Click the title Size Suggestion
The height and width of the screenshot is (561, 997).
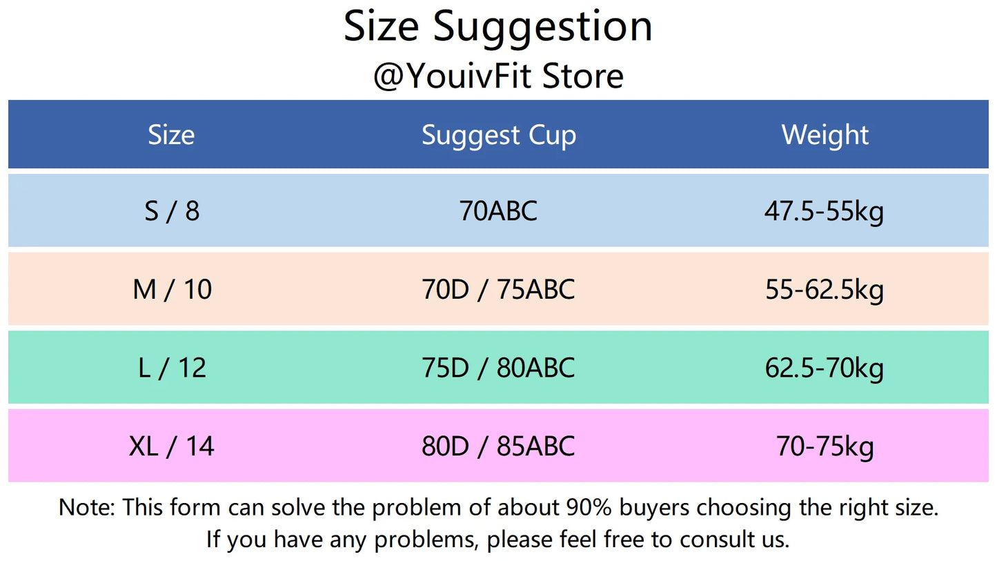(498, 28)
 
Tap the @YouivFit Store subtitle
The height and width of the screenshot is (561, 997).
(498, 76)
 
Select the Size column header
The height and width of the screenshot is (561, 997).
(171, 135)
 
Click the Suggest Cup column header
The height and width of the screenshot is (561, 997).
(498, 136)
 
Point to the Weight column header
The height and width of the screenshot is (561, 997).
(825, 135)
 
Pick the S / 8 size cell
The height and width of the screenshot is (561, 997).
(172, 211)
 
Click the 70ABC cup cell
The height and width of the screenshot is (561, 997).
(498, 211)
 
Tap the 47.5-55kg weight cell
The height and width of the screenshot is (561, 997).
(824, 212)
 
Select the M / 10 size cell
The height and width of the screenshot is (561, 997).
(172, 289)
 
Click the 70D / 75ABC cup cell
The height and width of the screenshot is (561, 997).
(498, 289)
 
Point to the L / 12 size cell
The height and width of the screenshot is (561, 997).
(172, 368)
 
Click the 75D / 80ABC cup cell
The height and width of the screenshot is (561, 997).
(498, 368)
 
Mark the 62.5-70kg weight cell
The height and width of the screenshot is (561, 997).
(825, 368)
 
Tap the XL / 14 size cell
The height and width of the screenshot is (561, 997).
(171, 446)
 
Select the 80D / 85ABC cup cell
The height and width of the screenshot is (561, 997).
(498, 446)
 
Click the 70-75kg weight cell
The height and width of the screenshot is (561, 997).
(825, 447)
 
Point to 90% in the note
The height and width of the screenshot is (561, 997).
(589, 507)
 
